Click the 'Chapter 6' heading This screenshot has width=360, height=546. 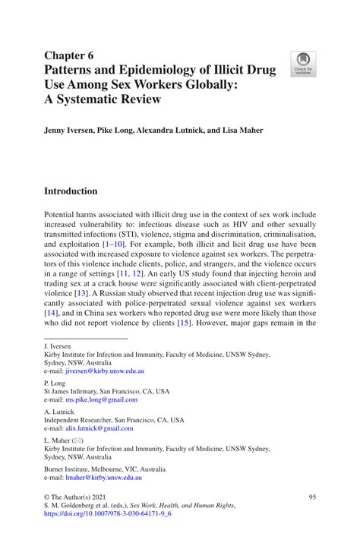pyautogui.click(x=70, y=55)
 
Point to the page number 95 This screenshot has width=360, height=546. pyautogui.click(x=311, y=496)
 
